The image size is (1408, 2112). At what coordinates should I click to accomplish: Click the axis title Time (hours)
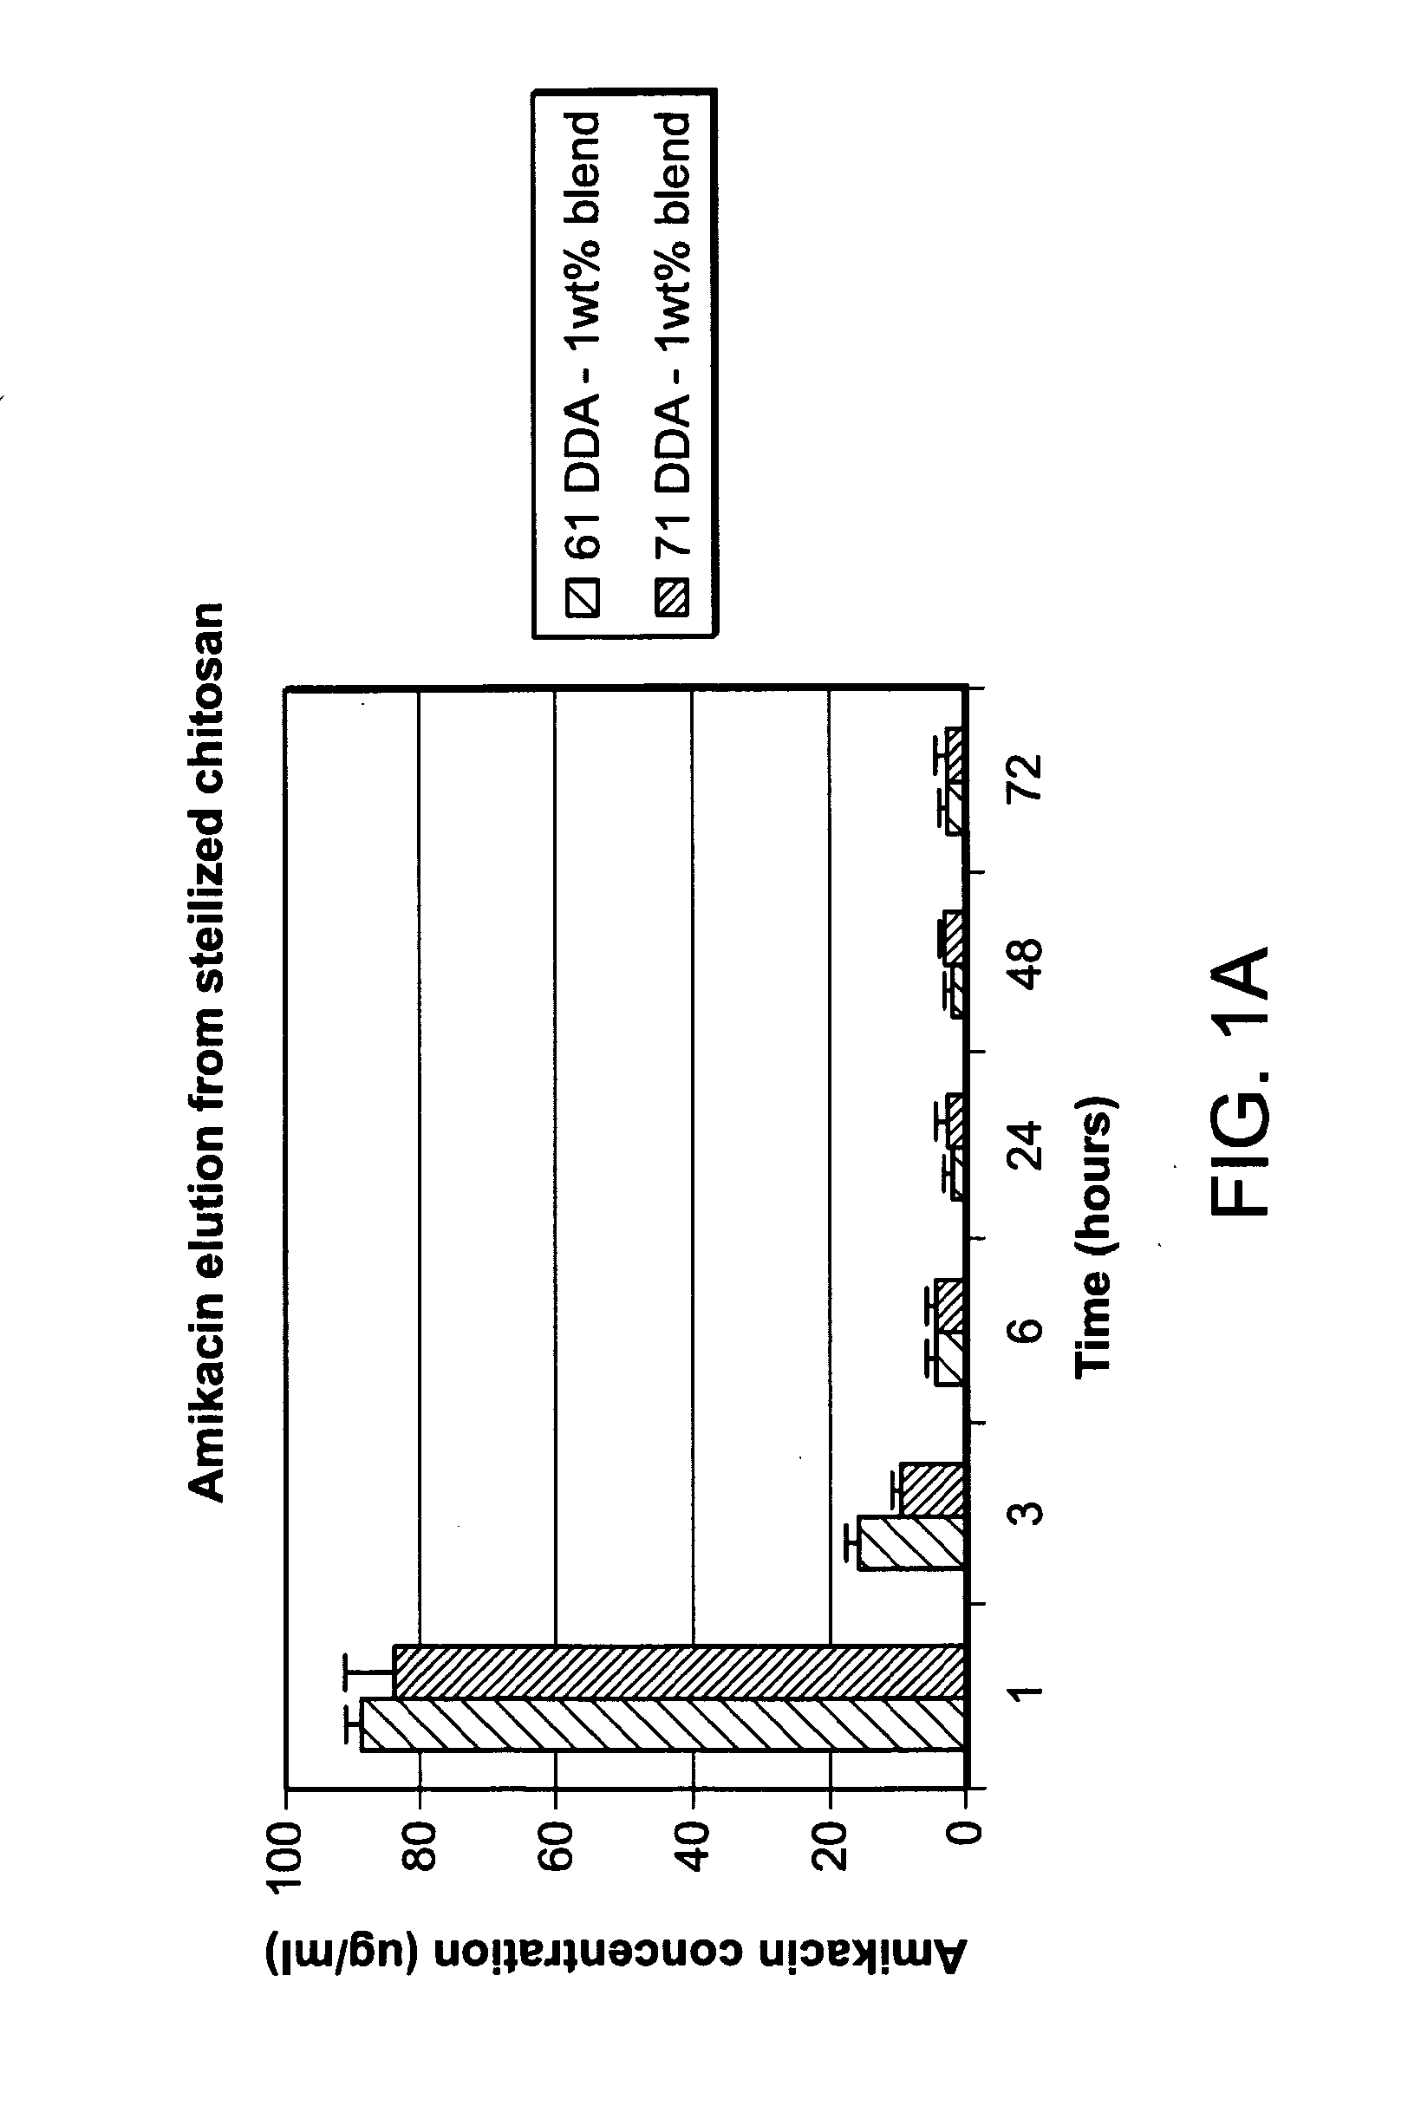(x=1094, y=1235)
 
